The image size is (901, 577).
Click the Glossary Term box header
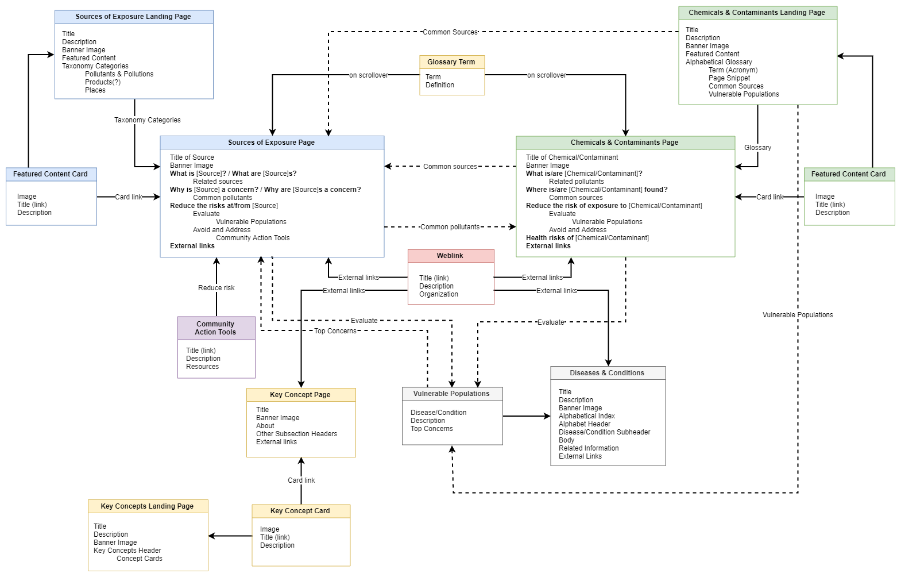pos(451,62)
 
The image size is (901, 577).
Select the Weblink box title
pos(450,256)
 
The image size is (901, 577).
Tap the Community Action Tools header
pos(216,328)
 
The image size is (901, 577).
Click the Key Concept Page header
pos(300,395)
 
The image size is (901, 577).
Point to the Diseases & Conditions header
pos(607,373)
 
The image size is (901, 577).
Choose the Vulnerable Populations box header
pos(451,394)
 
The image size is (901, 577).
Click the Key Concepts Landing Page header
pos(147,506)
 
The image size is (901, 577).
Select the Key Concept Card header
pos(300,511)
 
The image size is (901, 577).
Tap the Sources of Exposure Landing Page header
pos(133,17)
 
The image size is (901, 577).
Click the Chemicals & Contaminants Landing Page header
pos(757,13)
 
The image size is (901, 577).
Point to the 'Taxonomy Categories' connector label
pos(147,120)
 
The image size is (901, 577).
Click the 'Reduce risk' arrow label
pos(216,288)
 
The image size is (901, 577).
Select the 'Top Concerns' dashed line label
pos(335,331)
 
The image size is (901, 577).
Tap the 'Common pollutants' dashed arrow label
pos(450,227)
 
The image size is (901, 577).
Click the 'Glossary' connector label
pos(757,148)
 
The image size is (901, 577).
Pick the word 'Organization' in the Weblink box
pos(439,294)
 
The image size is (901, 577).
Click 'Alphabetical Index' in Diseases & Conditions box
pos(586,416)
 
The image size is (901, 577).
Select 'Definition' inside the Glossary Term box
pos(440,85)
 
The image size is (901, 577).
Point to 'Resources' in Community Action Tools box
pos(202,367)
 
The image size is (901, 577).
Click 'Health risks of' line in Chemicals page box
pos(587,238)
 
